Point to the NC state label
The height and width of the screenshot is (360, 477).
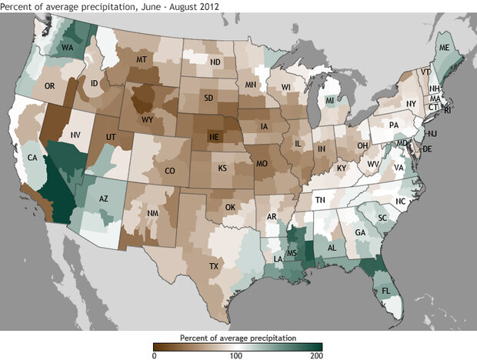399,201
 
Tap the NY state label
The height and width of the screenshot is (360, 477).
411,103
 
